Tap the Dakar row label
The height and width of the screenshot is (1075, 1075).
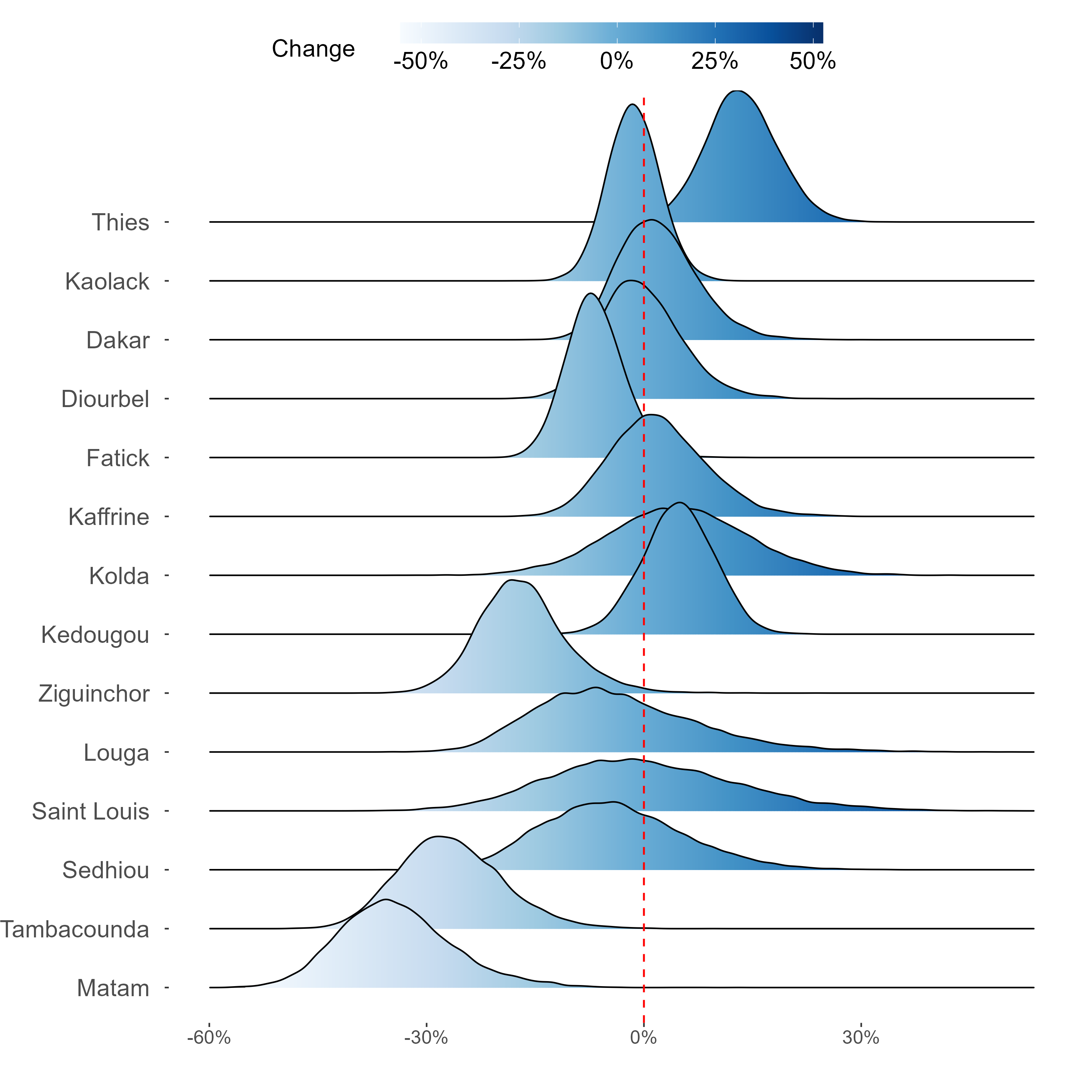click(x=118, y=340)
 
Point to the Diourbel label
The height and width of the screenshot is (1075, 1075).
click(x=105, y=399)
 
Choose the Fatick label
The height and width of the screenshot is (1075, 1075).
click(x=118, y=458)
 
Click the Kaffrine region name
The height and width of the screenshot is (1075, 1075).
click(x=109, y=517)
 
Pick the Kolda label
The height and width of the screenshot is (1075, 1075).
click(x=119, y=576)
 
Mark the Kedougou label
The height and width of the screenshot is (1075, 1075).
click(x=95, y=635)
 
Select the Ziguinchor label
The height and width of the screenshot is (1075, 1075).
click(x=94, y=694)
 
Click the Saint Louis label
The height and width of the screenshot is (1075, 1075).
click(x=90, y=811)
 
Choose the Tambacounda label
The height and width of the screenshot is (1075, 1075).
click(x=75, y=929)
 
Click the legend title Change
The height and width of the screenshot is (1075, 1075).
click(x=313, y=49)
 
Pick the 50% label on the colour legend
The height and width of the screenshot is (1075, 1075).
click(x=812, y=61)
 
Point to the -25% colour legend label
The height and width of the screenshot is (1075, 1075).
click(x=518, y=61)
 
